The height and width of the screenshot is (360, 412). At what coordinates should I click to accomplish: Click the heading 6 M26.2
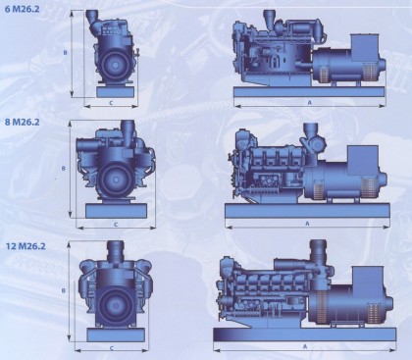[22, 9]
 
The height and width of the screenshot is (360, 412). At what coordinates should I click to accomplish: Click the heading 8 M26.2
[22, 122]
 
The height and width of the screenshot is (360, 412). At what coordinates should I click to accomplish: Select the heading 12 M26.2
[26, 246]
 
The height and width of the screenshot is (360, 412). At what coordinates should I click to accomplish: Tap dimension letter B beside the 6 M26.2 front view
[66, 52]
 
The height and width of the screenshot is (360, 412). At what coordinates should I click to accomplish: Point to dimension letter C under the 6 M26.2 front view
[111, 103]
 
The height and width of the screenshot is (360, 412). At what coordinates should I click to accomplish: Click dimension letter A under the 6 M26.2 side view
[310, 103]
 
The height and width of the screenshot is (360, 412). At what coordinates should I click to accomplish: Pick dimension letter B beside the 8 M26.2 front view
[64, 169]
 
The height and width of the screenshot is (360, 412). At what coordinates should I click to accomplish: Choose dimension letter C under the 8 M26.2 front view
[116, 225]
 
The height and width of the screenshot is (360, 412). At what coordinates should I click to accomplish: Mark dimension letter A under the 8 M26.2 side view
[307, 224]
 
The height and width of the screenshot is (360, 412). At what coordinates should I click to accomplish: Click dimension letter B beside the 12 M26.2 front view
[64, 290]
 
